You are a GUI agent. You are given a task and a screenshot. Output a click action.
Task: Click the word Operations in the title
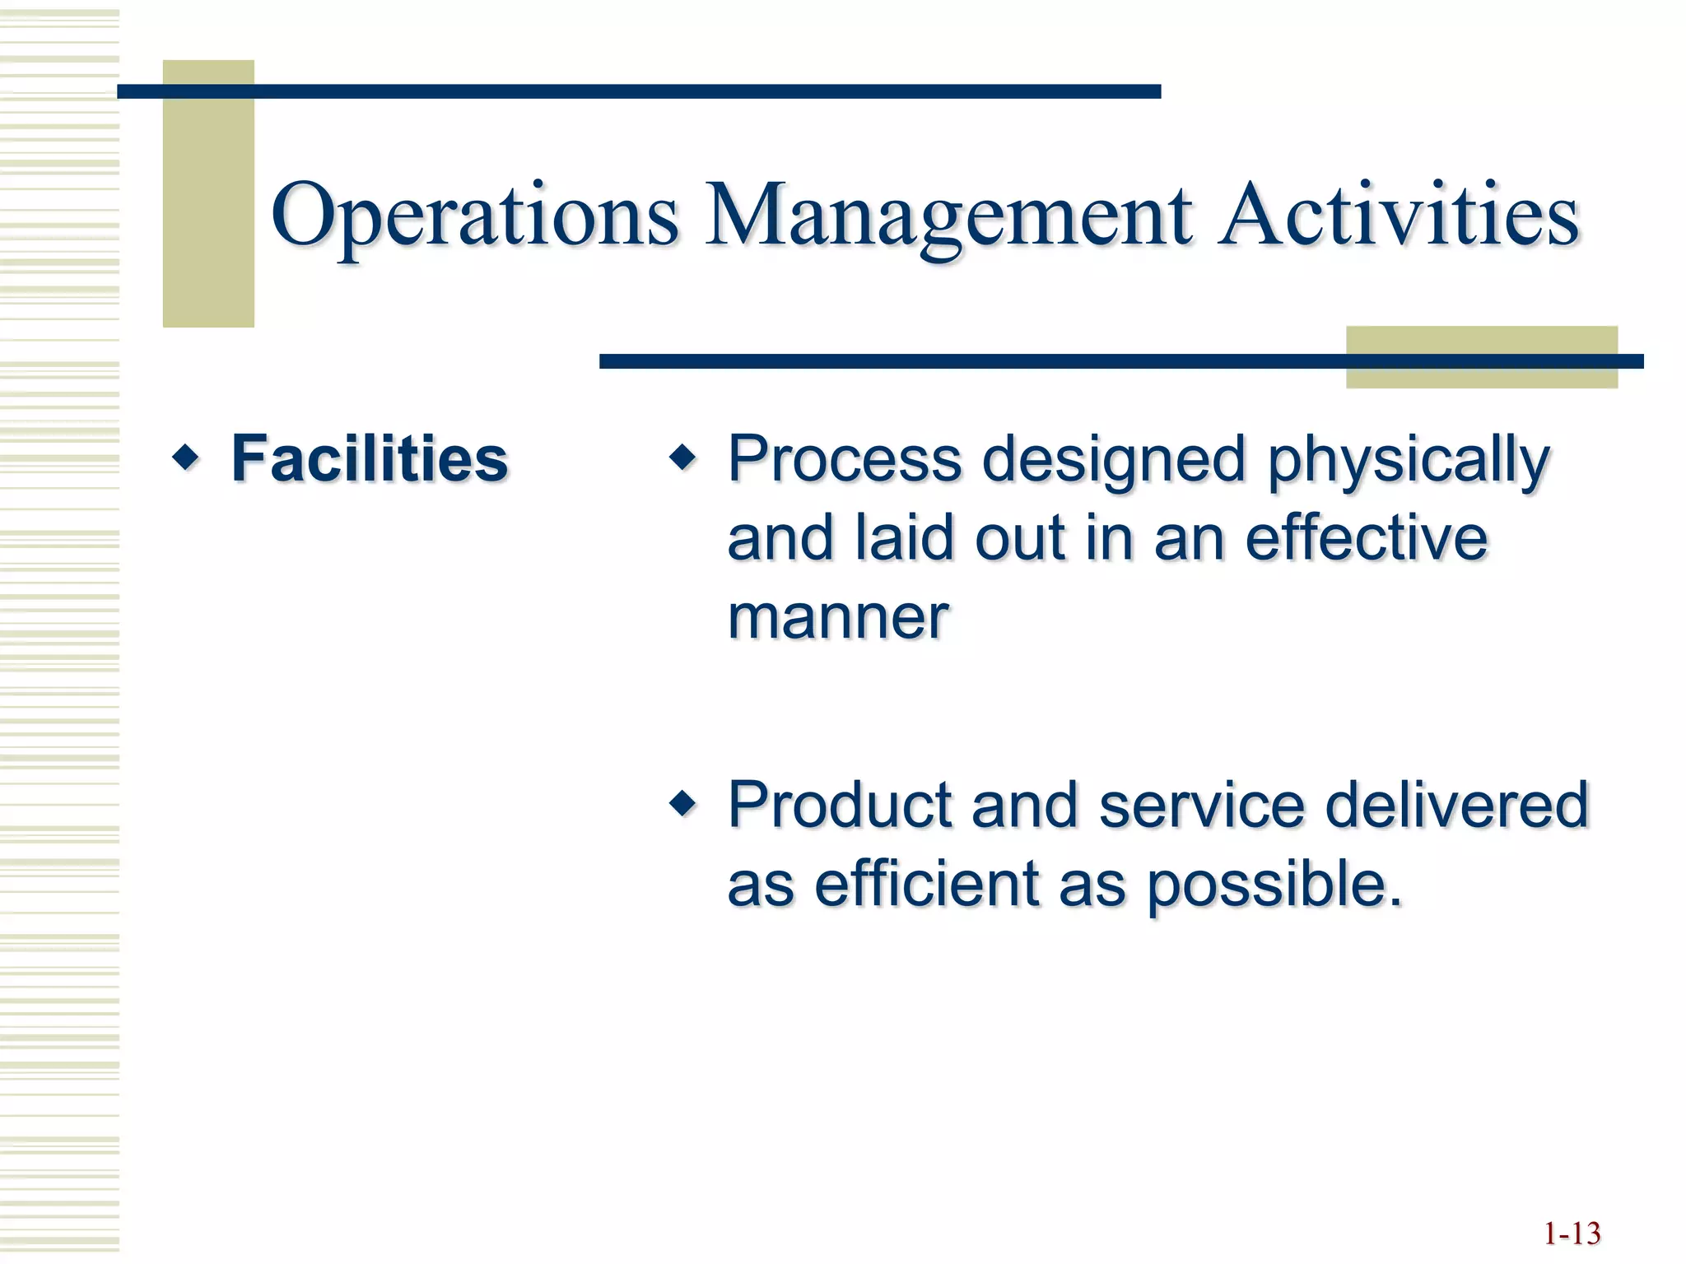(x=475, y=216)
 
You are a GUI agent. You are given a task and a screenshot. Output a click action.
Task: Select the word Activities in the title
(x=1399, y=216)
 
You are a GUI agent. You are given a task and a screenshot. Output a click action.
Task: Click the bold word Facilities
(x=370, y=458)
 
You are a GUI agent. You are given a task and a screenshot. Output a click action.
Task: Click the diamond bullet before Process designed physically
(x=682, y=457)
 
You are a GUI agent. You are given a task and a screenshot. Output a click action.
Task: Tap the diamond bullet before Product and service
(x=682, y=802)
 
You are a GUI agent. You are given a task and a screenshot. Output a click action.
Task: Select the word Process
(x=845, y=458)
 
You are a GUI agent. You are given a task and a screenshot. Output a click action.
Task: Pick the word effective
(x=1366, y=538)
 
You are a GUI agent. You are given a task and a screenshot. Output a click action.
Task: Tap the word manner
(x=838, y=617)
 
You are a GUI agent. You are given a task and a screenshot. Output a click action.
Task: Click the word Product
(x=839, y=804)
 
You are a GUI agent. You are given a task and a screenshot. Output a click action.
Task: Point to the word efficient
(x=927, y=884)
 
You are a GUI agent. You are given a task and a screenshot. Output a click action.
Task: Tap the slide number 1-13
(x=1571, y=1234)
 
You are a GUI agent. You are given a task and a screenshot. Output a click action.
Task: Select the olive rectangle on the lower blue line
(x=1481, y=375)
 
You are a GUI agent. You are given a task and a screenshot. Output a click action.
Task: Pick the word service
(x=1201, y=804)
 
